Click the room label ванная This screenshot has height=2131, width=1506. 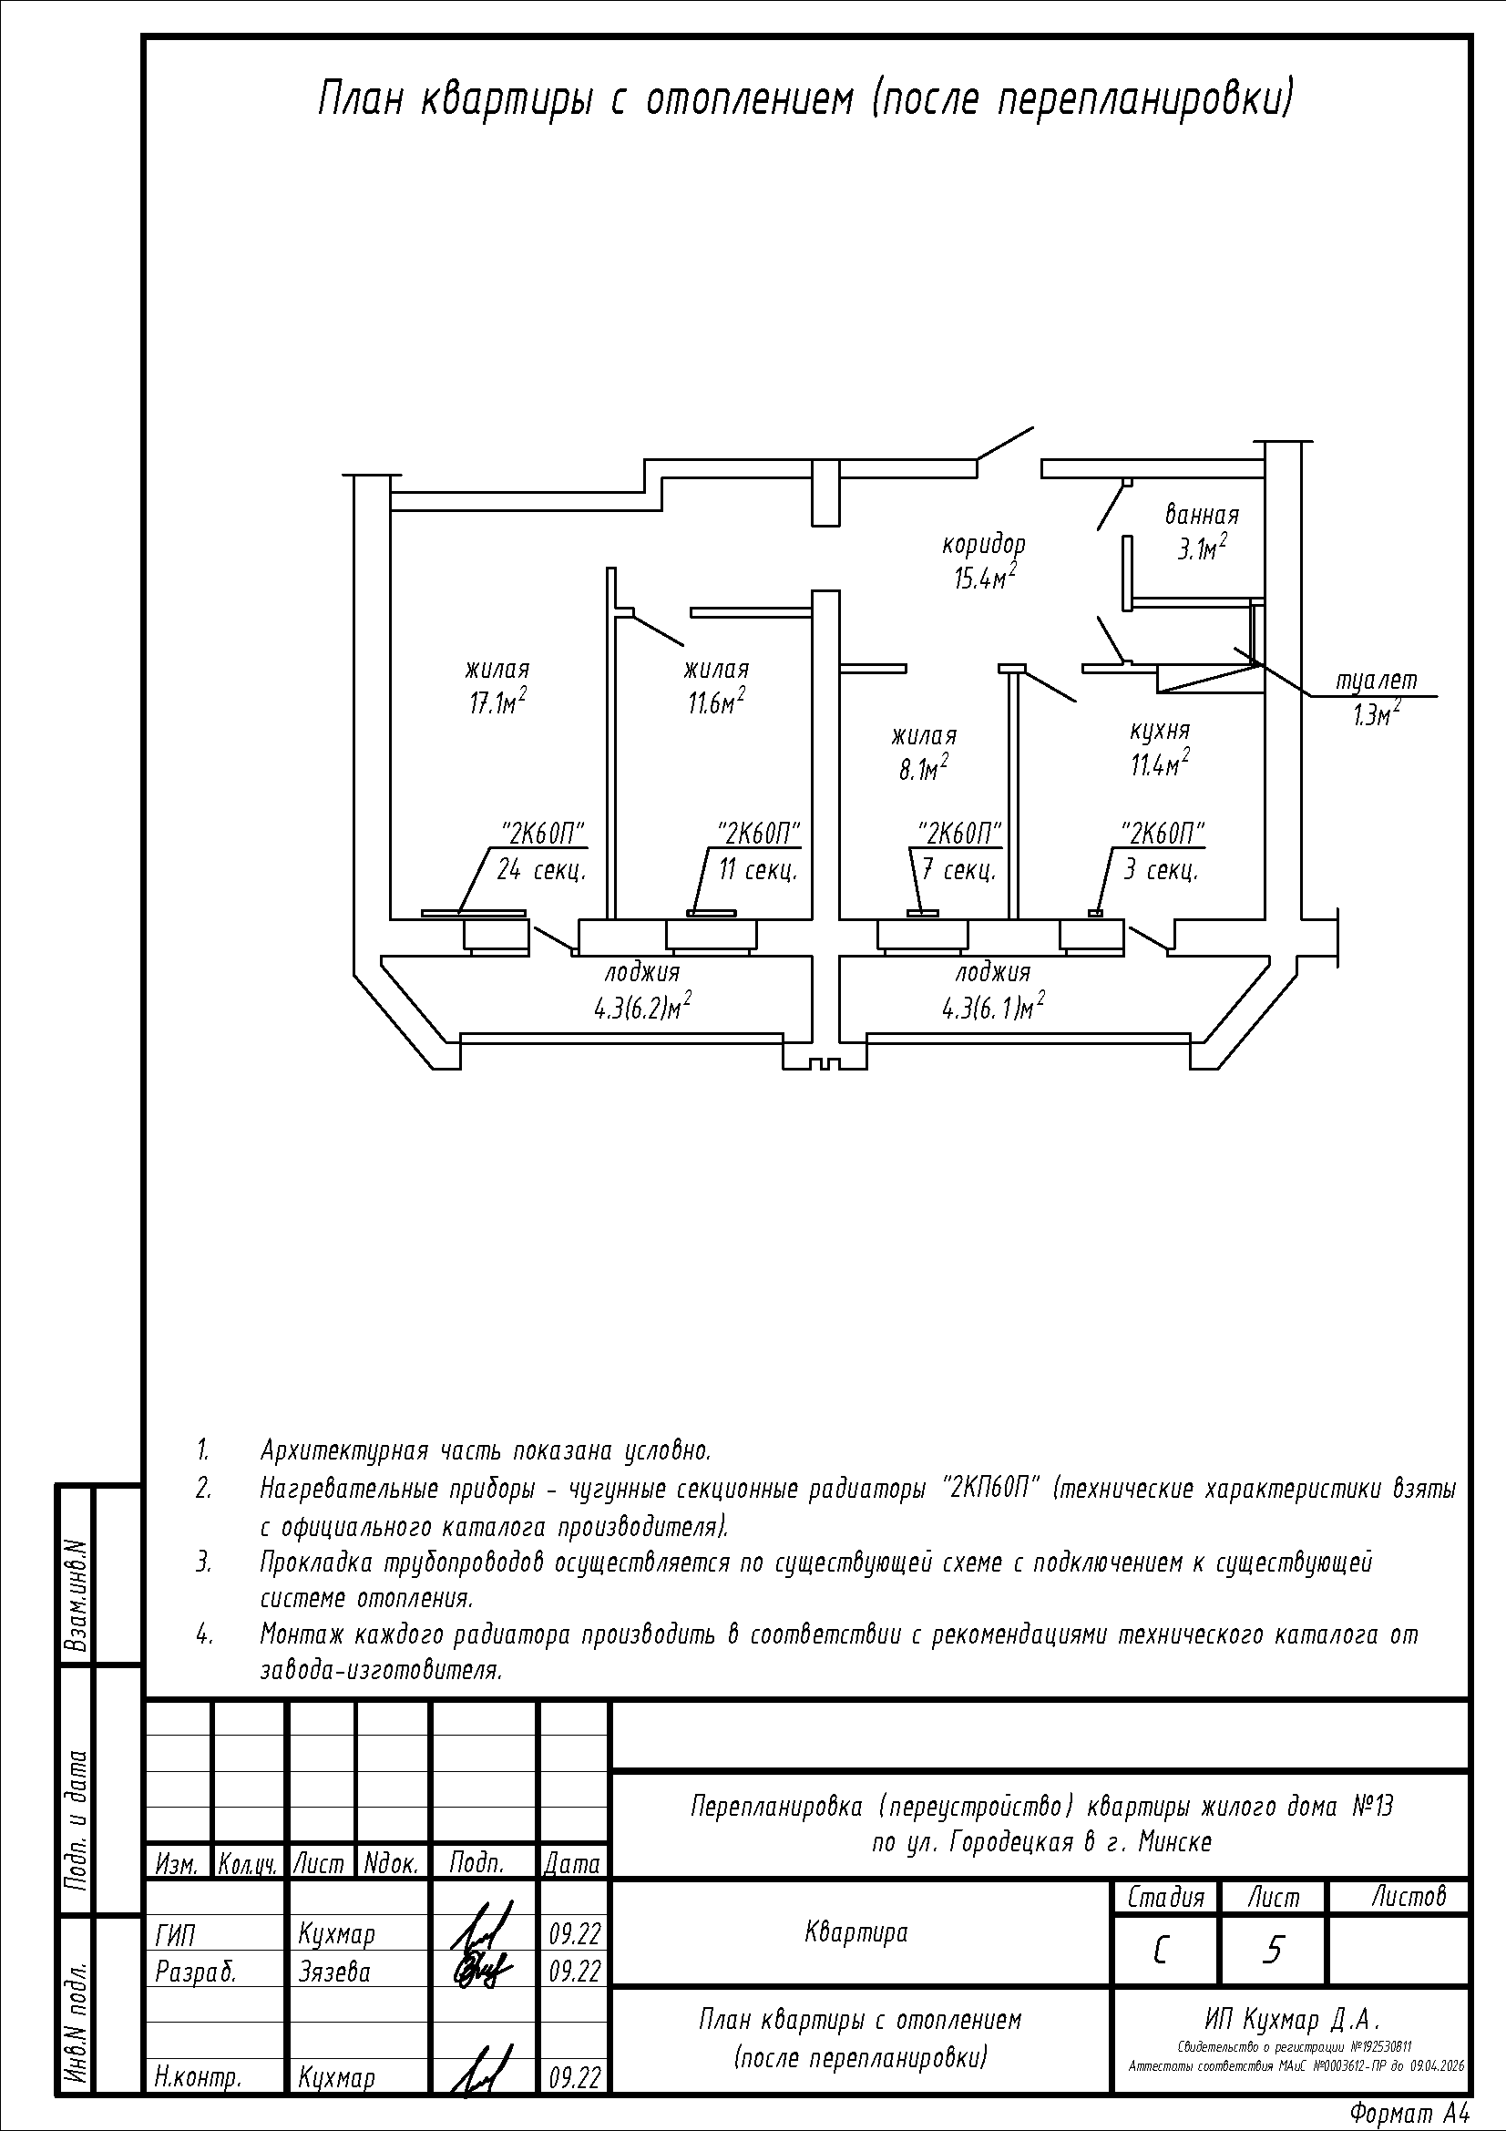1202,514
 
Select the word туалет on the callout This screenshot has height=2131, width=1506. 1377,681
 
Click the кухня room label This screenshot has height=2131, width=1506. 1160,731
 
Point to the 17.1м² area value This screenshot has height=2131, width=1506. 498,702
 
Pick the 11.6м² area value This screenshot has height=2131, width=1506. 715,702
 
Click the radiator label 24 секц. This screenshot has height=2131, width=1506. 541,871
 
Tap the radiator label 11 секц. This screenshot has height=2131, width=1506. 757,871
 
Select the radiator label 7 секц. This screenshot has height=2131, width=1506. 958,871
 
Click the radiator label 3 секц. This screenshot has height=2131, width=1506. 1161,871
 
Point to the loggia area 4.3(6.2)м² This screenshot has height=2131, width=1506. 643,1006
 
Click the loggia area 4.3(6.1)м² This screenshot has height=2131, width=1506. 993,1006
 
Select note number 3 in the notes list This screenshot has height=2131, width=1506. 203,1563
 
